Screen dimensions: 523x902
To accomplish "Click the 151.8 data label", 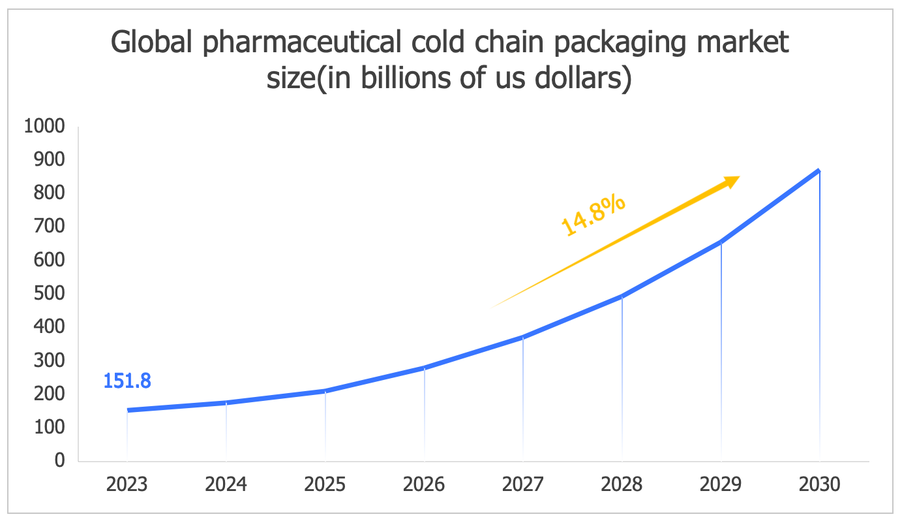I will coord(127,381).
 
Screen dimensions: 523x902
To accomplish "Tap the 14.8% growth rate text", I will coord(593,215).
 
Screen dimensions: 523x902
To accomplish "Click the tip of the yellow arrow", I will coord(739,177).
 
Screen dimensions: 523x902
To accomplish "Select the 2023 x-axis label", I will coord(127,484).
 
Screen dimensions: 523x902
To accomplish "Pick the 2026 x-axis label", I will coord(424,484).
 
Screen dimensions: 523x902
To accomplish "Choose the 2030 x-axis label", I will coord(819,484).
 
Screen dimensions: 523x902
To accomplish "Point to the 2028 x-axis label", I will coord(622,484).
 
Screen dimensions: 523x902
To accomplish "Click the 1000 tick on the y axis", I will coord(44,126).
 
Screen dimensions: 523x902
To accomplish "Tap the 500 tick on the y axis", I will coord(51,293).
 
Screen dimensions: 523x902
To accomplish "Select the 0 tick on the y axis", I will coord(60,460).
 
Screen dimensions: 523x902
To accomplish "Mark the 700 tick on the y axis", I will coord(51,227).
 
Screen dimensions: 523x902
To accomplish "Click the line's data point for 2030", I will coord(819,171).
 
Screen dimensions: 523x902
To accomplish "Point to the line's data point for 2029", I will coord(721,242).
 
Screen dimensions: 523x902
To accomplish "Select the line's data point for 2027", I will coord(523,337).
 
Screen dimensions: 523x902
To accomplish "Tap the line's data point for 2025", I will coord(325,391).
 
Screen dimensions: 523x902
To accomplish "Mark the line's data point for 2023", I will coord(127,410).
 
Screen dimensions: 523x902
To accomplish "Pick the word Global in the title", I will coord(151,44).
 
